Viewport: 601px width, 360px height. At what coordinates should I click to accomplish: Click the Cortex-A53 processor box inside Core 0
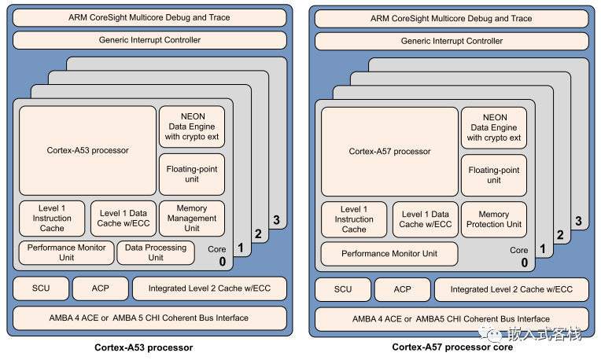point(87,150)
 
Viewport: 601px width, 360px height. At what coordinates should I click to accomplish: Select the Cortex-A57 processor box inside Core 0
point(389,151)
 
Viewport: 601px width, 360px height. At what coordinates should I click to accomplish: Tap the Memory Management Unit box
point(191,219)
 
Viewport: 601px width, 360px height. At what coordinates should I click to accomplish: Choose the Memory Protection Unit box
point(493,219)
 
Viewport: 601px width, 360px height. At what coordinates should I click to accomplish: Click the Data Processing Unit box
point(156,252)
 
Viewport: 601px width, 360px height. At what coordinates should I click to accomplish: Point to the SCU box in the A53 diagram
point(40,288)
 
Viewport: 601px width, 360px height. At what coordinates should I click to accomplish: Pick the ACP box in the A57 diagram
point(402,288)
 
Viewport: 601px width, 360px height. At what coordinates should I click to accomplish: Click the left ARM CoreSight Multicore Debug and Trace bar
point(149,17)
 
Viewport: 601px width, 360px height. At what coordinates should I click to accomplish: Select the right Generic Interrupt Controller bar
point(452,40)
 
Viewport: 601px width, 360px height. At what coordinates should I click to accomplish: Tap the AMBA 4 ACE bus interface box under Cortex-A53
point(149,318)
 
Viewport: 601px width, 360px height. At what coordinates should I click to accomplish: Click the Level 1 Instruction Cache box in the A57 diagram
point(354,219)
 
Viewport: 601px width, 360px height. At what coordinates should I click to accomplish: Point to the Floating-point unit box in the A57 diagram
point(493,175)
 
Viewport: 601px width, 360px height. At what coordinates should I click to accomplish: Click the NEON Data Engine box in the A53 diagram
point(191,127)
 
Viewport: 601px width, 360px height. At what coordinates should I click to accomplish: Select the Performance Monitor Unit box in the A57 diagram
point(389,253)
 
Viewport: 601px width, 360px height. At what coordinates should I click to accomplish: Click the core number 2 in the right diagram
point(559,234)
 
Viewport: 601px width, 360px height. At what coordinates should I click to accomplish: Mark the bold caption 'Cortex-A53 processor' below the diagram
point(144,347)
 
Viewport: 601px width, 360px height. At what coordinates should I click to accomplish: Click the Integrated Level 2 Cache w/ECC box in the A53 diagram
point(209,288)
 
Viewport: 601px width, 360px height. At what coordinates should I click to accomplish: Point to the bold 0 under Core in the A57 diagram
point(524,263)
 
